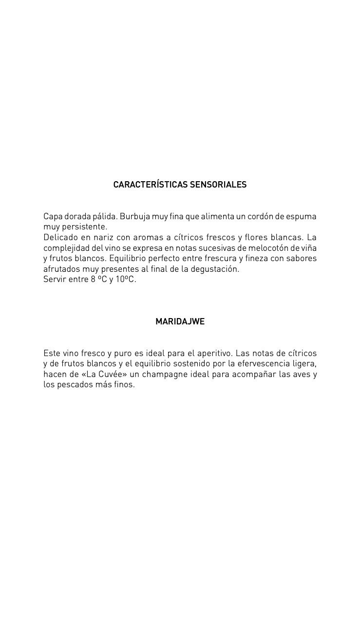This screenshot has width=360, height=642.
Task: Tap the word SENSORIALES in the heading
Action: [218, 185]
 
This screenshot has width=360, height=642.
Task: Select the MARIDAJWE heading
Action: [180, 321]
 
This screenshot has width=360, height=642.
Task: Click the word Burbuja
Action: [134, 216]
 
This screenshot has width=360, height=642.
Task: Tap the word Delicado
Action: [60, 237]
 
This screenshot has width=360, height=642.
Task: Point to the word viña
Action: [309, 248]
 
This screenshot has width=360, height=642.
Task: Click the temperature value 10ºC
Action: [126, 280]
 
